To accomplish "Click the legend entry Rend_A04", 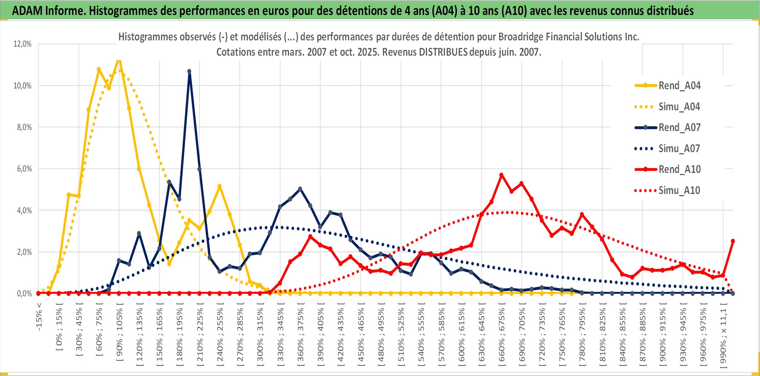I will (679, 86).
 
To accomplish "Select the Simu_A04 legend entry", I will (679, 107).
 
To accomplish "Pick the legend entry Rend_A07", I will (679, 127).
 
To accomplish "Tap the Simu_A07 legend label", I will (679, 149).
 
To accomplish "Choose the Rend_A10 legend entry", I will (679, 169).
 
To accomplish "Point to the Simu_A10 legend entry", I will (679, 190).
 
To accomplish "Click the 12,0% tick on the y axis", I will (23, 44).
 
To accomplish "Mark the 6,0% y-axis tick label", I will (24, 169).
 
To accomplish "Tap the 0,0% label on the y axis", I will (24, 293).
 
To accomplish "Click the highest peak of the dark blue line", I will (189, 71).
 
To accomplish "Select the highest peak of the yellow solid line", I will (119, 60).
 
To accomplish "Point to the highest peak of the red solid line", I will (501, 175).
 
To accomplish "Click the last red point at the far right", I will (733, 241).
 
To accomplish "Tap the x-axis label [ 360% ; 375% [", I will (301, 335).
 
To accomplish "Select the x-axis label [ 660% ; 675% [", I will (502, 335).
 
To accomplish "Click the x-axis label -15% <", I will (39, 317).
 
